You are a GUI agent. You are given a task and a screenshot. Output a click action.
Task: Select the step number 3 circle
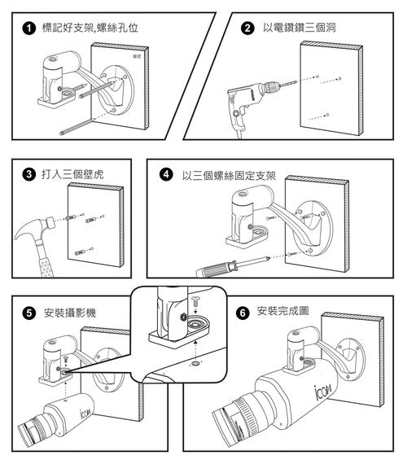29,173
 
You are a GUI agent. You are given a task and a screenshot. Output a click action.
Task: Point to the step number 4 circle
167,174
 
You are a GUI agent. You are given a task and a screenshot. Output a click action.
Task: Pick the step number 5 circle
29,313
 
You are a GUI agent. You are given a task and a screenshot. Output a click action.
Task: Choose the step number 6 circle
242,312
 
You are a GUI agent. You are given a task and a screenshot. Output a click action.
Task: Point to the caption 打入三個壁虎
72,173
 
